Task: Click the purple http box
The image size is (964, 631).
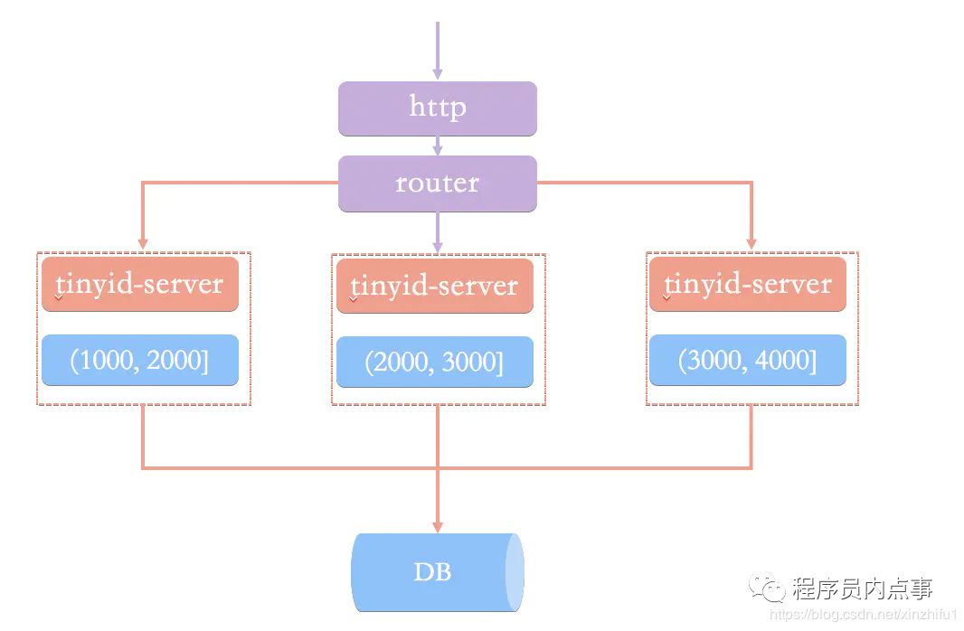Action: (438, 108)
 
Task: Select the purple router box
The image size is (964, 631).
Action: (438, 184)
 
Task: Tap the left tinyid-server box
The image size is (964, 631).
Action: (140, 284)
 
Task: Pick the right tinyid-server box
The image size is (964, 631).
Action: (748, 284)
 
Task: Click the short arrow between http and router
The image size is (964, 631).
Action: (438, 146)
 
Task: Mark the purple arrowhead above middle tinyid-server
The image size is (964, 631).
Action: (438, 244)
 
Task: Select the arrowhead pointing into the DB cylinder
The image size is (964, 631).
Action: (438, 525)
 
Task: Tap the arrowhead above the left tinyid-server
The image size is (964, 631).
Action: (142, 243)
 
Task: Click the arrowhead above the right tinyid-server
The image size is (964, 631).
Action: (751, 243)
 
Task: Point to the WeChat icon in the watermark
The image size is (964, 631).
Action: (772, 589)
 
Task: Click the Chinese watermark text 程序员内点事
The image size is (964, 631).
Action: (862, 589)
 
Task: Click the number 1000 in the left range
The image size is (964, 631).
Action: (108, 361)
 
